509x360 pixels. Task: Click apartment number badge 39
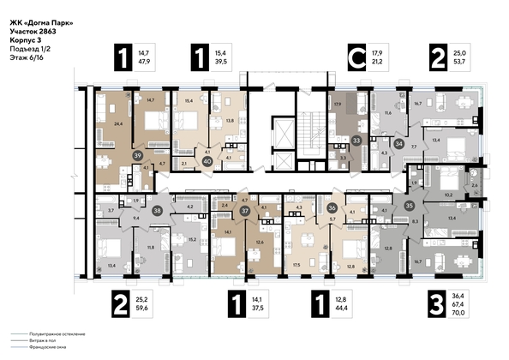point(138,155)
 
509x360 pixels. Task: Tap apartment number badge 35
point(410,206)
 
